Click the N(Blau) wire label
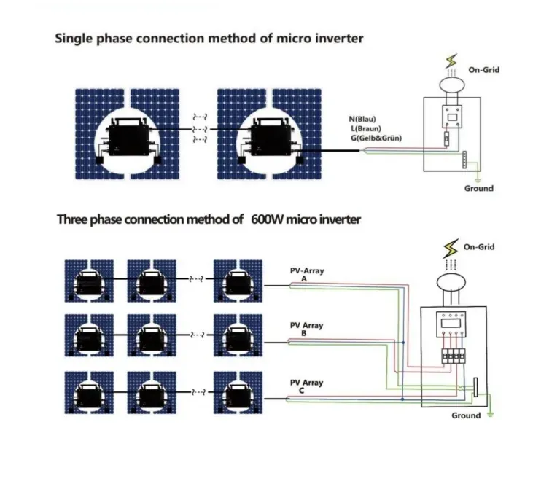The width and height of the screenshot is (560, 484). [x=362, y=120]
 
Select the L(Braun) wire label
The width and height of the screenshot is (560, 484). [x=366, y=128]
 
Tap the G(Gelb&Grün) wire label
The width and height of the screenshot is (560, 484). [x=376, y=138]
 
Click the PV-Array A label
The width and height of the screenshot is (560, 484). [x=307, y=275]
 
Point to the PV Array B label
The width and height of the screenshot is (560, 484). [x=306, y=329]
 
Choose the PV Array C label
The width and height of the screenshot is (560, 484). [x=306, y=386]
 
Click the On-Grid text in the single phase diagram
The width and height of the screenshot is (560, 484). [x=483, y=70]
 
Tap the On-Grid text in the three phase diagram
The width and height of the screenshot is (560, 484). [x=479, y=247]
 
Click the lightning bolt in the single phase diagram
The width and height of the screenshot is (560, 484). [x=452, y=61]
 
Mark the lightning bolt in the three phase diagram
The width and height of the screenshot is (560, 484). [x=451, y=249]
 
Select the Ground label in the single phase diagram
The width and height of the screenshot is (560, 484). [x=478, y=189]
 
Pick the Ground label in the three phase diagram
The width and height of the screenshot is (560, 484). [x=466, y=415]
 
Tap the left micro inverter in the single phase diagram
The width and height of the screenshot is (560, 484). [x=128, y=138]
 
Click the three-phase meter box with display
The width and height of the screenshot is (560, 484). [x=451, y=324]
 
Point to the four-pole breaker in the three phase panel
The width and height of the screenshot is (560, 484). [x=454, y=356]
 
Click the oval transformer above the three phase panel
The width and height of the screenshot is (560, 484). [x=451, y=283]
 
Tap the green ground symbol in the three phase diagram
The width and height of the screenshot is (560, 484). [x=490, y=415]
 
